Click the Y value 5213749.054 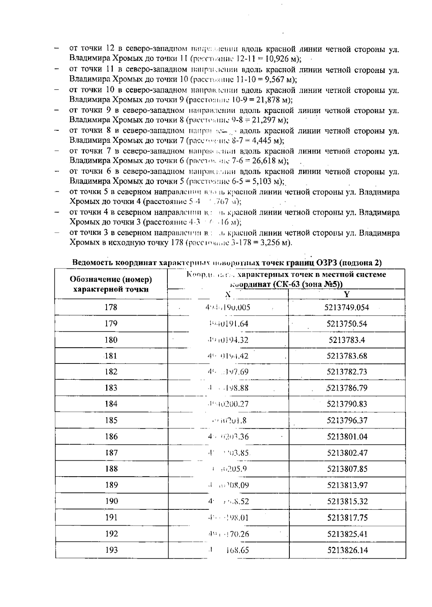pyautogui.click(x=347, y=307)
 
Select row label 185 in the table pyautogui.click(x=111, y=420)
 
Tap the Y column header pyautogui.click(x=347, y=294)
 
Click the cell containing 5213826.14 pyautogui.click(x=347, y=550)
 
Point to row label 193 pyautogui.click(x=111, y=550)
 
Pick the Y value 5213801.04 pyautogui.click(x=347, y=437)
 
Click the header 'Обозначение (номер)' pyautogui.click(x=111, y=279)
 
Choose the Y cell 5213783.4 pyautogui.click(x=347, y=340)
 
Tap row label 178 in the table pyautogui.click(x=111, y=307)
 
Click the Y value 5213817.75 pyautogui.click(x=347, y=518)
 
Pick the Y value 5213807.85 pyautogui.click(x=347, y=469)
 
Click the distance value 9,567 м pyautogui.click(x=278, y=79)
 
